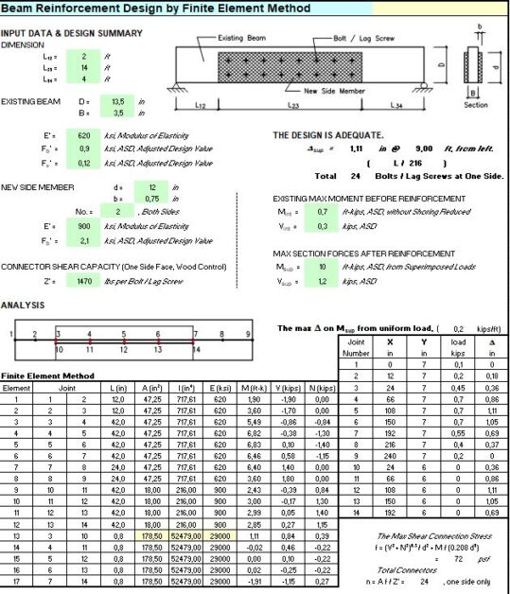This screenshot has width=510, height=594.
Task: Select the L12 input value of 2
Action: pyautogui.click(x=84, y=56)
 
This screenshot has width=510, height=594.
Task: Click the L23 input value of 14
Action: pyautogui.click(x=84, y=68)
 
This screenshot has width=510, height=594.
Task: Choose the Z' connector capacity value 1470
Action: pyautogui.click(x=87, y=282)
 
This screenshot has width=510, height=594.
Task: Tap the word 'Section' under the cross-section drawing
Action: pyautogui.click(x=476, y=105)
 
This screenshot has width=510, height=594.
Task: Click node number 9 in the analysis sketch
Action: pyautogui.click(x=249, y=334)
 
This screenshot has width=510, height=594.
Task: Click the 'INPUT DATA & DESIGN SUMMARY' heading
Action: pyautogui.click(x=72, y=33)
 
